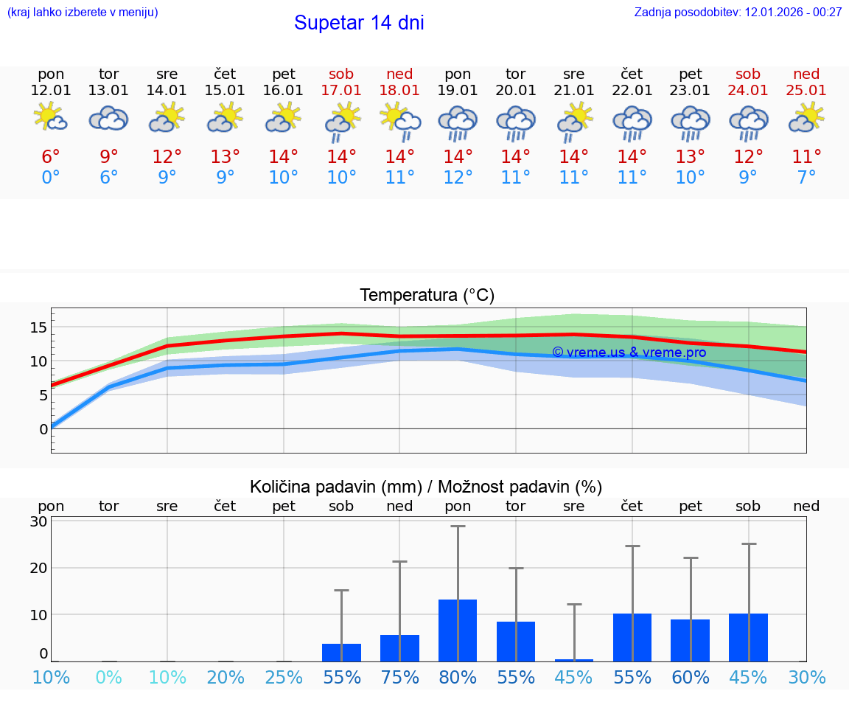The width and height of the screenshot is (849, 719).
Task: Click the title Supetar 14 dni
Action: pos(359,23)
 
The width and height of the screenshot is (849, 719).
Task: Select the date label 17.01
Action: pos(341,91)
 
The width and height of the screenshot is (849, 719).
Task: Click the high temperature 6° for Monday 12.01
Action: pos(51,157)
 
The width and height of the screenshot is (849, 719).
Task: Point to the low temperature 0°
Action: pos(51,178)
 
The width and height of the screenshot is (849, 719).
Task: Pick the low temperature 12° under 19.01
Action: pos(458,178)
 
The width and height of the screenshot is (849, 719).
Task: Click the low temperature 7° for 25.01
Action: pos(806,178)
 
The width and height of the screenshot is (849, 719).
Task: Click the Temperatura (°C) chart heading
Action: pos(427,296)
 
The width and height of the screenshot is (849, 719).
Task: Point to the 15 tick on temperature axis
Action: pos(38,327)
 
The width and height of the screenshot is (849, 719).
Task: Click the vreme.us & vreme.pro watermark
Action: pos(629,352)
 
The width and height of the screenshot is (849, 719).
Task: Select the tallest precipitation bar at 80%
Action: pos(458,630)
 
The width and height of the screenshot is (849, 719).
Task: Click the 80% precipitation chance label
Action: pos(458,678)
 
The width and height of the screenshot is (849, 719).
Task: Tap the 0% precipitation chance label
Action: pos(109,678)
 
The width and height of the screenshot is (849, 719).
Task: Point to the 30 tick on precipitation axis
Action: pos(39,521)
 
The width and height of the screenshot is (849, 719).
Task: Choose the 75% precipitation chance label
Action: pos(399,678)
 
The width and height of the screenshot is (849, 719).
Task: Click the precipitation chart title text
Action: pos(426,487)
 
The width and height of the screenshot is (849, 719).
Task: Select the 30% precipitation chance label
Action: pos(806,678)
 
